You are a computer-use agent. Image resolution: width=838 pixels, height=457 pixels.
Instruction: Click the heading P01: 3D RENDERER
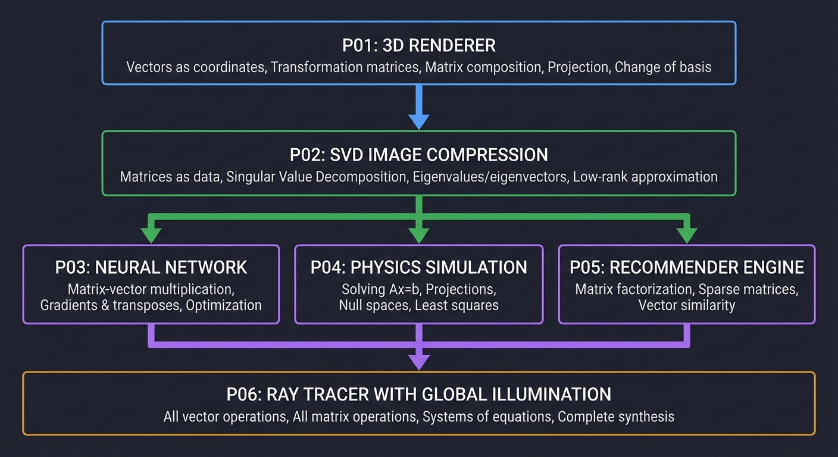click(418, 45)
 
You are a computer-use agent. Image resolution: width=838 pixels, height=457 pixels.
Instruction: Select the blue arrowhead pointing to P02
click(419, 121)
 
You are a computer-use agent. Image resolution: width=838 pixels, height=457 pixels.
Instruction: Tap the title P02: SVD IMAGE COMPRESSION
click(418, 155)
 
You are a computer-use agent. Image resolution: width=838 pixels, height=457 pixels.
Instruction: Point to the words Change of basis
click(663, 67)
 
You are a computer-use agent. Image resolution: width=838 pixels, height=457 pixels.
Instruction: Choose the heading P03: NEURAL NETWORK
click(151, 267)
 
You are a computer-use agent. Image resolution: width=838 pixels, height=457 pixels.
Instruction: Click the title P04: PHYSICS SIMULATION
click(418, 267)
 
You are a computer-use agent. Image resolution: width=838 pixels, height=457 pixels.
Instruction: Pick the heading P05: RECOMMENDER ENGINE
click(687, 267)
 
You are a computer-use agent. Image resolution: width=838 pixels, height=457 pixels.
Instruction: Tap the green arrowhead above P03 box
click(151, 235)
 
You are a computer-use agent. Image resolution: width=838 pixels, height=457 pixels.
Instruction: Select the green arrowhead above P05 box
click(687, 235)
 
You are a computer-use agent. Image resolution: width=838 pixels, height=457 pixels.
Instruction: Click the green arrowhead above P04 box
click(419, 235)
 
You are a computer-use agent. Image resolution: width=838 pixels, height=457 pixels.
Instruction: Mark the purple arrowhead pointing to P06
click(419, 361)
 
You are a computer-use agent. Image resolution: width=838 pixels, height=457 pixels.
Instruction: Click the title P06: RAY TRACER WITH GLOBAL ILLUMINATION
click(418, 394)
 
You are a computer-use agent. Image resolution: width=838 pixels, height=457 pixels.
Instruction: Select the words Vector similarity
click(687, 305)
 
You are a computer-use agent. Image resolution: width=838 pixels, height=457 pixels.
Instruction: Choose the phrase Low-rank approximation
click(645, 177)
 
